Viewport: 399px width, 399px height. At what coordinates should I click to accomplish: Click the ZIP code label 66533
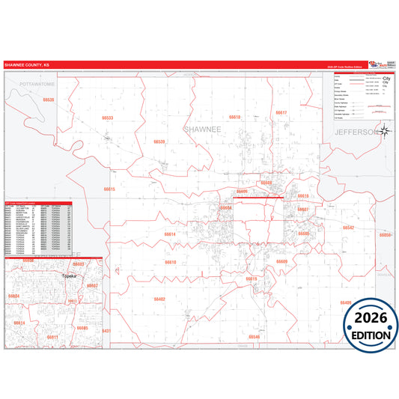pyautogui.click(x=108, y=118)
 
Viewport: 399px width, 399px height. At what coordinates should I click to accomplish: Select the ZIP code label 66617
pyautogui.click(x=281, y=112)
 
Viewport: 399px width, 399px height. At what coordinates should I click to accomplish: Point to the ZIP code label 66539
pyautogui.click(x=159, y=141)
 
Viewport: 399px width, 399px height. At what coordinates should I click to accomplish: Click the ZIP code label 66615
pyautogui.click(x=109, y=189)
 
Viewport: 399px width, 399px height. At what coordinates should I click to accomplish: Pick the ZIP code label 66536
pyautogui.click(x=49, y=100)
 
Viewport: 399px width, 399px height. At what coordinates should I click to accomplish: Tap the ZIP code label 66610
pyautogui.click(x=170, y=263)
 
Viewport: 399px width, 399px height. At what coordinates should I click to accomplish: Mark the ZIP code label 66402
pyautogui.click(x=159, y=299)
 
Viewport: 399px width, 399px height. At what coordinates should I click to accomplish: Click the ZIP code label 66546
pyautogui.click(x=255, y=337)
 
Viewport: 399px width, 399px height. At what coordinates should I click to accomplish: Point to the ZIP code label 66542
pyautogui.click(x=348, y=227)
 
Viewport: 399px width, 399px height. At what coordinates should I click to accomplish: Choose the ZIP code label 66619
pyautogui.click(x=251, y=278)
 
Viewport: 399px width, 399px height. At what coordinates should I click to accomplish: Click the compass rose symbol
pyautogui.click(x=385, y=132)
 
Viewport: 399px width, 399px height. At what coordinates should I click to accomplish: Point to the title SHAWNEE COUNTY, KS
pyautogui.click(x=27, y=64)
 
